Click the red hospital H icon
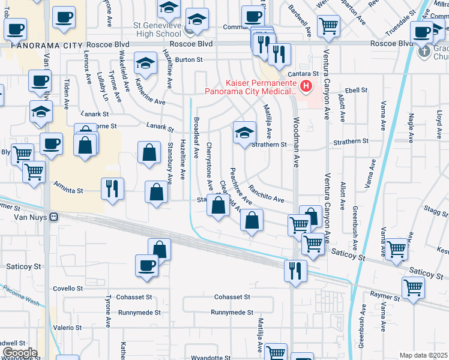(x=307, y=87)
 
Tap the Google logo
(x=20, y=352)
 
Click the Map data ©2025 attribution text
(x=423, y=355)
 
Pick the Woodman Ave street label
(x=296, y=150)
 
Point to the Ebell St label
(x=355, y=90)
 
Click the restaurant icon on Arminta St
(x=112, y=188)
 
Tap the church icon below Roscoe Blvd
(x=424, y=52)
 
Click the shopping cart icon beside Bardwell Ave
(x=328, y=26)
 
